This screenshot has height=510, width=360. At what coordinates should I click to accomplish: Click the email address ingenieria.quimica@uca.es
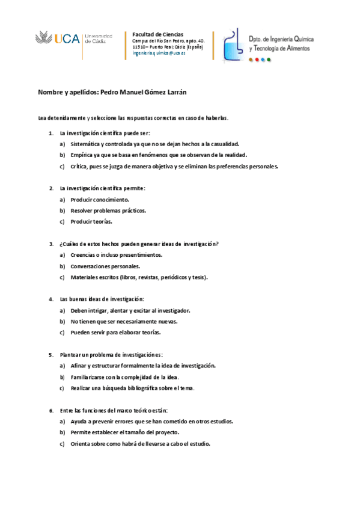(x=159, y=53)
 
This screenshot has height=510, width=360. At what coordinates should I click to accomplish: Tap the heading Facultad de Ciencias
(x=157, y=34)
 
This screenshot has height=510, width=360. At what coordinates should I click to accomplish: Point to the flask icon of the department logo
(x=233, y=45)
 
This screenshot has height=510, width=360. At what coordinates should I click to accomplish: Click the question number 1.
(x=51, y=133)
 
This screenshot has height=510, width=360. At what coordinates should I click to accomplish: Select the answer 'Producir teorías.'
(x=91, y=221)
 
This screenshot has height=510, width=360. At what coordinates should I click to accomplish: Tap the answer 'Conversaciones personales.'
(x=105, y=266)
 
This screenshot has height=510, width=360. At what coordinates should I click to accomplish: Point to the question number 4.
(x=51, y=299)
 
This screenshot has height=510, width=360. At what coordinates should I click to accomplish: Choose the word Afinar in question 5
(x=78, y=366)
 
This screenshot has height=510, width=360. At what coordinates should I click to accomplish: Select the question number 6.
(x=51, y=410)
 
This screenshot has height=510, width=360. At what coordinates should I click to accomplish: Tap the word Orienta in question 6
(x=81, y=444)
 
